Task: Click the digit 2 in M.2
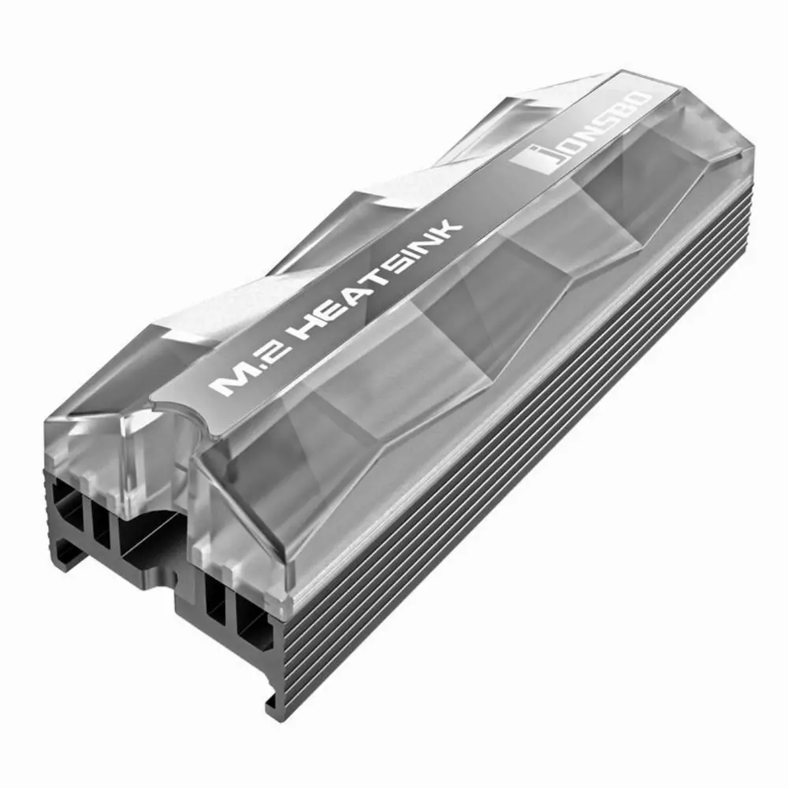pyautogui.click(x=276, y=351)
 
